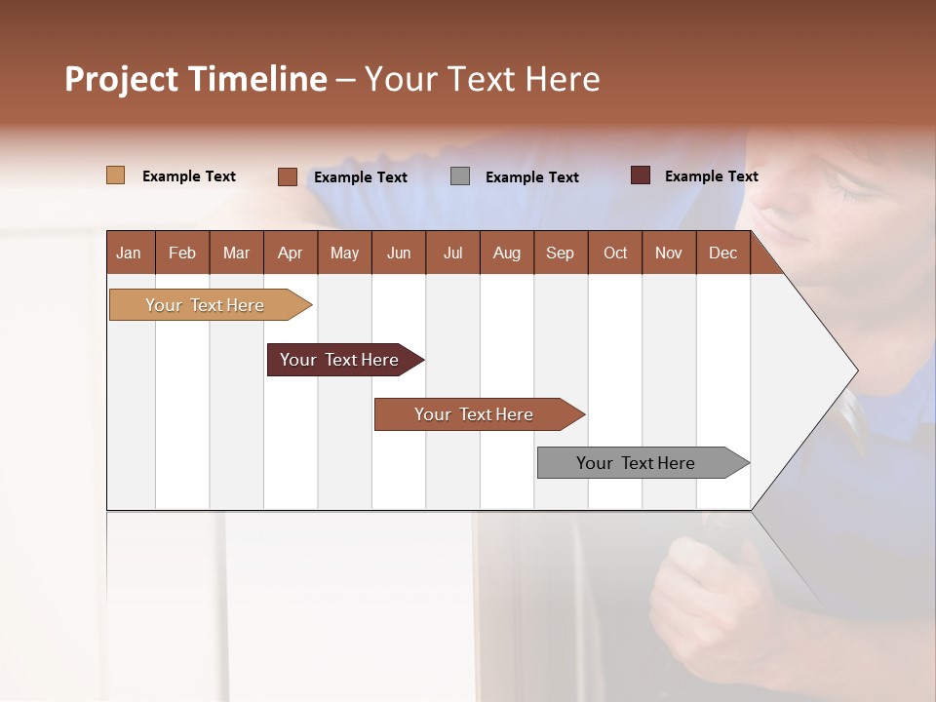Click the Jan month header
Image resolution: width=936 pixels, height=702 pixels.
(x=129, y=253)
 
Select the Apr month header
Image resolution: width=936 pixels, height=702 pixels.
(x=290, y=253)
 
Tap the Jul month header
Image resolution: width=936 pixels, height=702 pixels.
(x=452, y=253)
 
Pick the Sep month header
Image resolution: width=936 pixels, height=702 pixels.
(x=560, y=253)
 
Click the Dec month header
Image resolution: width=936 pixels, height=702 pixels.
(x=722, y=253)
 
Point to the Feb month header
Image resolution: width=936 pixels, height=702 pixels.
(x=182, y=253)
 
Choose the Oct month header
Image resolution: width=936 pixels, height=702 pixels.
(x=615, y=253)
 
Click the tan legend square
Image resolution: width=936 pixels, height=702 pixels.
(x=115, y=175)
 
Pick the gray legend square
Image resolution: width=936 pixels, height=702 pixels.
(x=460, y=176)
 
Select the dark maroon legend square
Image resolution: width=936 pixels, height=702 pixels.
(x=641, y=175)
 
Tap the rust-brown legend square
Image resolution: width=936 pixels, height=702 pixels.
(x=287, y=176)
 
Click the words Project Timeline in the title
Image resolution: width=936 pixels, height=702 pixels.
(x=195, y=79)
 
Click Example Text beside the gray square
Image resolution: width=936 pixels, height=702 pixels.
(x=531, y=177)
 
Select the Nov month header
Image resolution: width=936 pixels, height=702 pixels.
(x=669, y=253)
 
